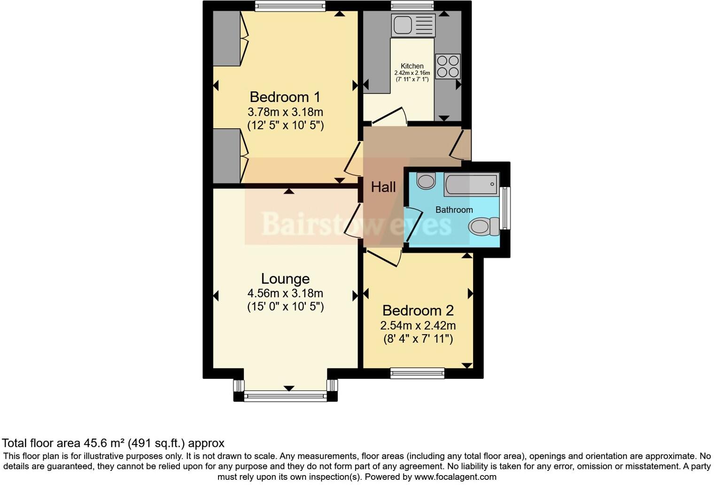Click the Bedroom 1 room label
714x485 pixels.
(x=285, y=97)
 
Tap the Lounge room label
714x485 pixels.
(x=285, y=279)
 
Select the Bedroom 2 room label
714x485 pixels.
(x=418, y=311)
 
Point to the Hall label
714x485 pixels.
(x=383, y=187)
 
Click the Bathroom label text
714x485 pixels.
(x=454, y=210)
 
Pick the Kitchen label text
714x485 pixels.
(x=412, y=66)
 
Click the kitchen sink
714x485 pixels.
(x=412, y=25)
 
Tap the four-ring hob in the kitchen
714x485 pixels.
(x=448, y=66)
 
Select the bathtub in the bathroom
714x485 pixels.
(x=471, y=184)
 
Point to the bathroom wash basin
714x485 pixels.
(x=426, y=181)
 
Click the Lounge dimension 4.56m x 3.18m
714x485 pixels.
(x=285, y=293)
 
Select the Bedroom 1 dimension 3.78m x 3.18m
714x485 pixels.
(x=285, y=112)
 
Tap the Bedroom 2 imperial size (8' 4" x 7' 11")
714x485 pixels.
(x=418, y=339)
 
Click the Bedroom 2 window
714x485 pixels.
(x=417, y=373)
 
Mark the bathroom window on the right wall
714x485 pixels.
(x=505, y=208)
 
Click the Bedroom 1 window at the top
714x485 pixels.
(x=290, y=6)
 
